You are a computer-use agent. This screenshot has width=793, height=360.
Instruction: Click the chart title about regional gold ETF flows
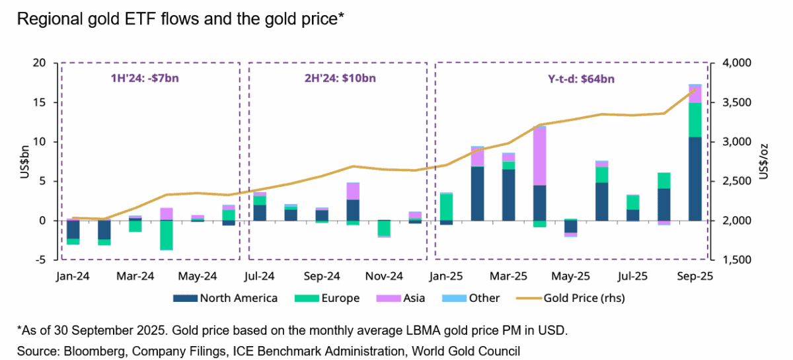[178, 20]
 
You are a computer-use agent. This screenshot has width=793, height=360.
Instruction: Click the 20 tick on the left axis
[40, 63]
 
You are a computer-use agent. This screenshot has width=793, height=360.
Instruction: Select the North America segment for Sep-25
[695, 178]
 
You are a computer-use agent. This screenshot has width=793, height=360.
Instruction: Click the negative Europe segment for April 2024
[167, 234]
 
